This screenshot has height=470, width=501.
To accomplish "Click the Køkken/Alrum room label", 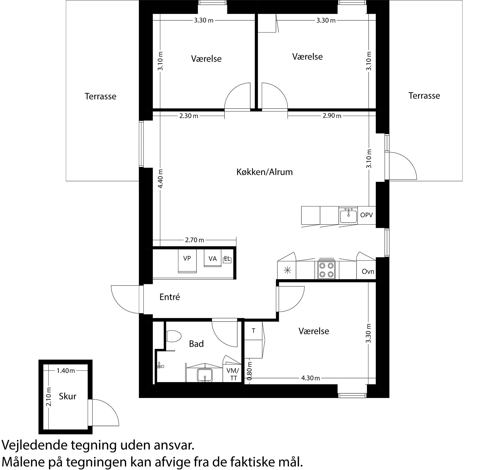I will (264, 172).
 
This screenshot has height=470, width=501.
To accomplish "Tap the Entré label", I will (170, 297).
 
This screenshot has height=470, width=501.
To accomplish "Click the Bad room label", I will (196, 344).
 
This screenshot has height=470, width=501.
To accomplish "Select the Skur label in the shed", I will (68, 396).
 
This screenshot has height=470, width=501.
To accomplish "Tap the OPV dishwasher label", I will (366, 215).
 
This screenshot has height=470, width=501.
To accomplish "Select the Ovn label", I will (368, 272).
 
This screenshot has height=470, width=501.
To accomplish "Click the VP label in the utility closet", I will (187, 258).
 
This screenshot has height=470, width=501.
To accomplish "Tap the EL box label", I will (227, 259).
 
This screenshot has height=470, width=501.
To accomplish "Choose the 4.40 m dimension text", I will (160, 179).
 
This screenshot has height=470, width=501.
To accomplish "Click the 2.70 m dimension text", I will (194, 240).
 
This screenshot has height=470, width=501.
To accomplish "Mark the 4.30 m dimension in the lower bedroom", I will (310, 378).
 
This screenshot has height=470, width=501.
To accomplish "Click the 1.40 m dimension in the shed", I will (66, 371).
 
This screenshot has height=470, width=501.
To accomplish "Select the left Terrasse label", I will (100, 96).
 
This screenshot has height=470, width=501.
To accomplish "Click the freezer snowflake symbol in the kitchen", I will (287, 270).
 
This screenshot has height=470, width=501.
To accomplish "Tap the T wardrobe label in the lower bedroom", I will (254, 331).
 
